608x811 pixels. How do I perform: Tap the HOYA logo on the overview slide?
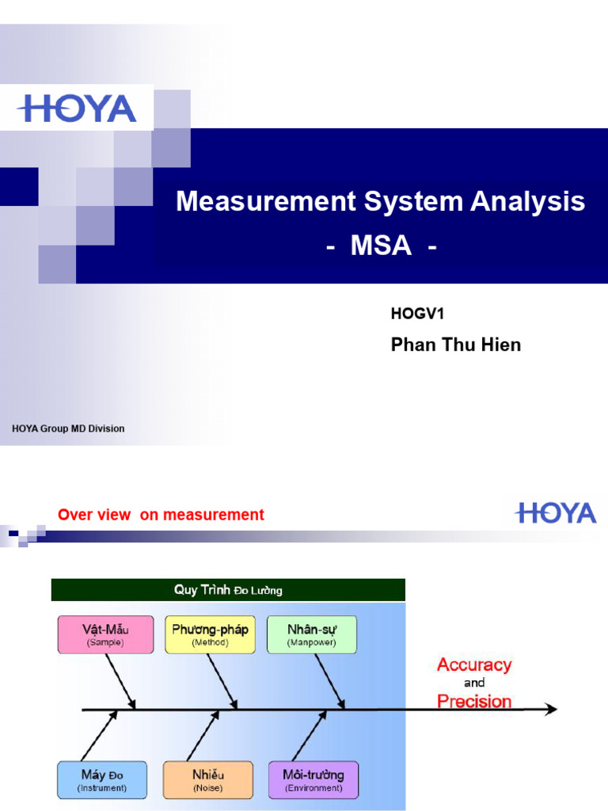[x=556, y=513]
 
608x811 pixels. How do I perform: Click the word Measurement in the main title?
[x=265, y=201]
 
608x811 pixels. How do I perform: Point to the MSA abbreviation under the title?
[x=381, y=246]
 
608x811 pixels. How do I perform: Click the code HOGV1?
[x=417, y=314]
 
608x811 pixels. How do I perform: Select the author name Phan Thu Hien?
[x=456, y=345]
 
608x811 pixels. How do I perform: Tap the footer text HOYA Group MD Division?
[x=68, y=428]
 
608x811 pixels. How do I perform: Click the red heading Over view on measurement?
[x=161, y=515]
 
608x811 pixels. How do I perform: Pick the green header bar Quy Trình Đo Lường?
[x=228, y=590]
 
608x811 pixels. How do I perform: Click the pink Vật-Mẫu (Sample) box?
[x=105, y=634]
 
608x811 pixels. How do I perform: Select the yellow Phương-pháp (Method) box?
[x=210, y=634]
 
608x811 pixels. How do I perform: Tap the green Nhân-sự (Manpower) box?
[x=312, y=634]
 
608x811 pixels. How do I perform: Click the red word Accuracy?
[x=474, y=664]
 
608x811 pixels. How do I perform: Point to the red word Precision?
[x=474, y=701]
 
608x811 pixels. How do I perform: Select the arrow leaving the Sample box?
[x=120, y=680]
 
